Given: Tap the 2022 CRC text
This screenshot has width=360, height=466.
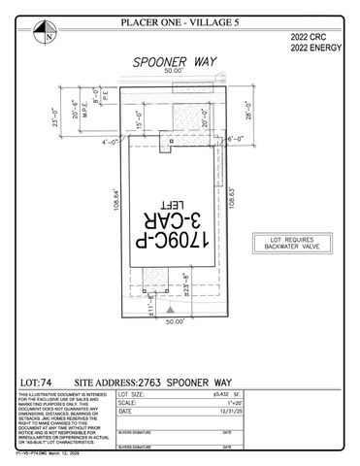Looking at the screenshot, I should (308, 37).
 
